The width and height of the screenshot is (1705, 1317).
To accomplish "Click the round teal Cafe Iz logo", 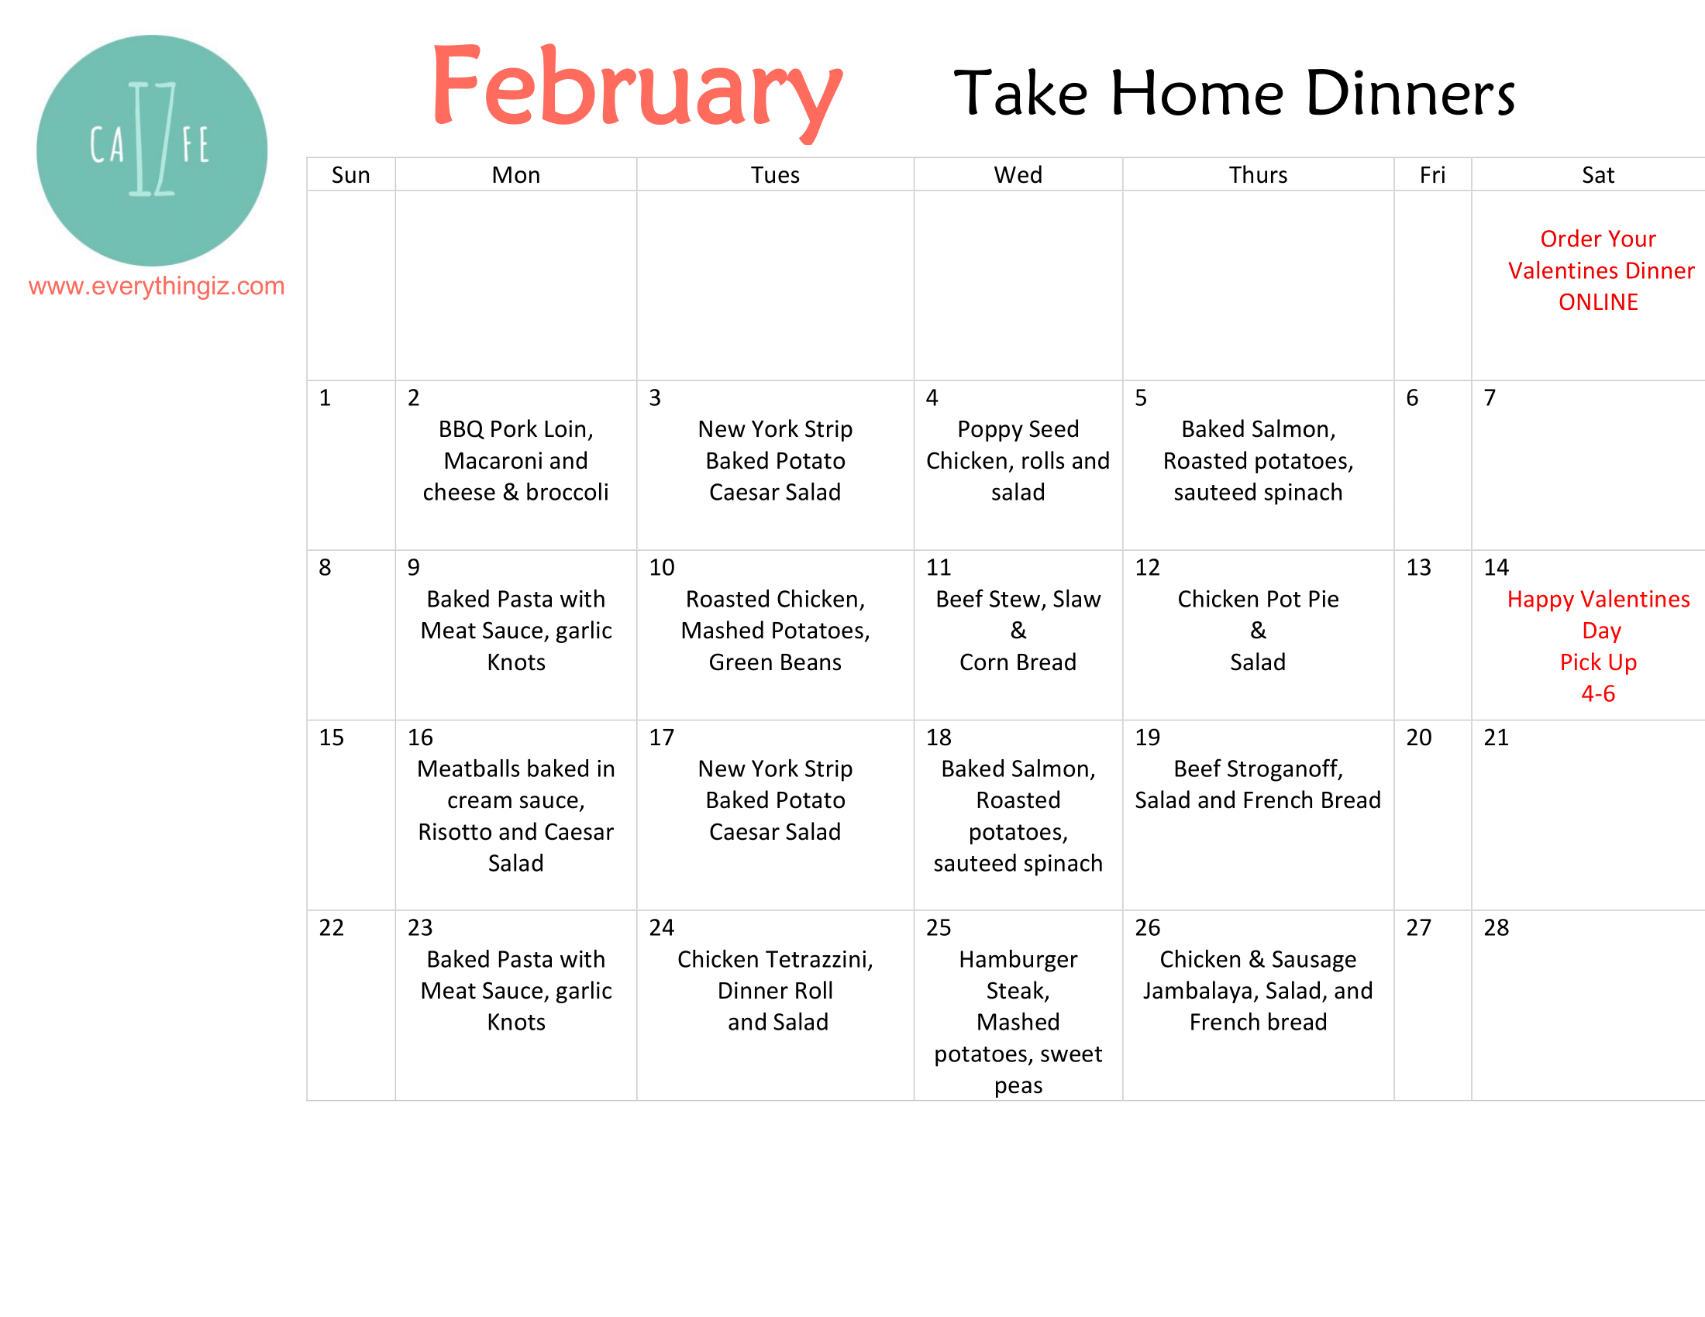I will [151, 150].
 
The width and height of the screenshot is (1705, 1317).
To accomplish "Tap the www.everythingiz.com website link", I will [156, 287].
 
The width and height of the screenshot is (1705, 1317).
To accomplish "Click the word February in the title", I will [636, 90].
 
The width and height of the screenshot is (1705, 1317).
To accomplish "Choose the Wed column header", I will [1018, 175].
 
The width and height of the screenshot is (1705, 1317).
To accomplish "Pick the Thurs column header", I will [1258, 175].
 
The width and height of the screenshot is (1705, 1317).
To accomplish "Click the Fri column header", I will [1431, 175].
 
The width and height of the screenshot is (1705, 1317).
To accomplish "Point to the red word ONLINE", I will [1598, 302].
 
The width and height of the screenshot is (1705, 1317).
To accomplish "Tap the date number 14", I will [1496, 567].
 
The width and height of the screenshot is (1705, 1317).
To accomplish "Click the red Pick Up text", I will [1598, 662].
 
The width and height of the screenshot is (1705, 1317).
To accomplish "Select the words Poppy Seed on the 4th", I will [1018, 429].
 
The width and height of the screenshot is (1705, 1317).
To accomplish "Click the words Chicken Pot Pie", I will [1258, 598].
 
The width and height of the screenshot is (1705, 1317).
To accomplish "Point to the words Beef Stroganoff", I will [1257, 769].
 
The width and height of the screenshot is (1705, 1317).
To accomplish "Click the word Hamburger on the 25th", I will [1018, 959].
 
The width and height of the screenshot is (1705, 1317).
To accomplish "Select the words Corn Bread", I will [1018, 662].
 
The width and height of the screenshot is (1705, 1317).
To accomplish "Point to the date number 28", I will [1496, 927].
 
